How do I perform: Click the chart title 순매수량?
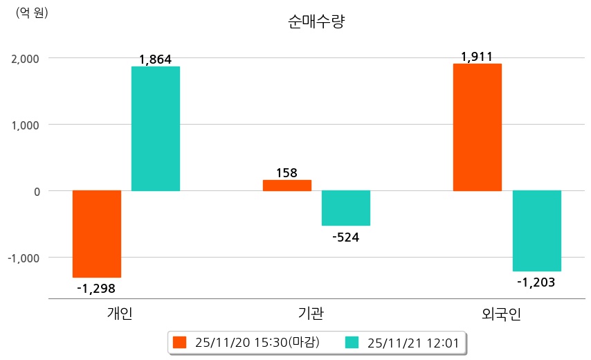coord(316,21)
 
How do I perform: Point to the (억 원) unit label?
coord(32,12)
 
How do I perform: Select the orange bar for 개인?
coord(97,233)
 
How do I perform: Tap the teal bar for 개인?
coord(156,128)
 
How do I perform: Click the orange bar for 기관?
coord(287,185)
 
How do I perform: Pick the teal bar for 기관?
coord(346,208)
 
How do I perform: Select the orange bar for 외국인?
coord(478,127)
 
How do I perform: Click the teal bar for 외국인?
coord(536,231)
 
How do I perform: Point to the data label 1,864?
coord(155,60)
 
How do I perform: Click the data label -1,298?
coord(96,288)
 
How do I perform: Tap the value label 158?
coord(287,172)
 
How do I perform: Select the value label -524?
coord(346,237)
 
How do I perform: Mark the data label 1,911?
coord(477,57)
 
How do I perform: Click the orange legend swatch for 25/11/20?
coord(180,342)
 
